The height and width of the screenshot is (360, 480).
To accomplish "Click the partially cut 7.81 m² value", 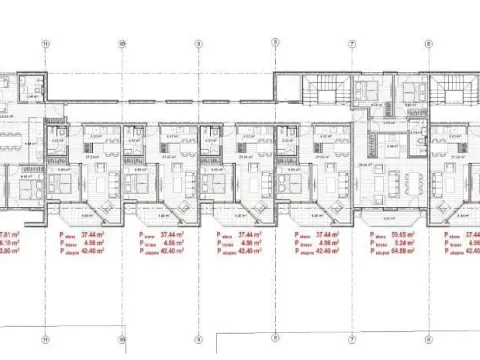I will [x=9, y=234].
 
